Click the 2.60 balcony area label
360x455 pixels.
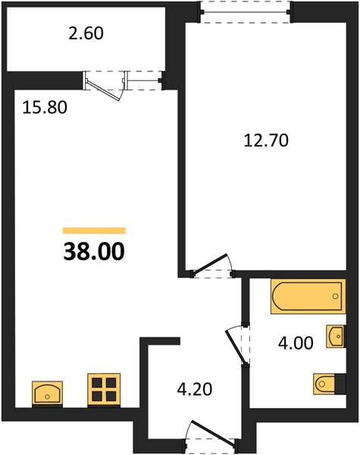pos(86,33)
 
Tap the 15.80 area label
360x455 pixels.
pos(45,108)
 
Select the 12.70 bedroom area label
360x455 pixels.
pos(266,141)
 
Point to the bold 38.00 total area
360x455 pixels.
pos(94,251)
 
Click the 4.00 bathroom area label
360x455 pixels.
pos(296,343)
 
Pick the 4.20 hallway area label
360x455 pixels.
pos(195,389)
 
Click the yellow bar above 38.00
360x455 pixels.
pos(94,231)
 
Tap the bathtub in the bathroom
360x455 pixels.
pos(308,297)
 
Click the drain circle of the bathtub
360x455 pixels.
pos(336,297)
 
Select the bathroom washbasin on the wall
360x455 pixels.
pos(335,336)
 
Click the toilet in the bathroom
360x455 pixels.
pos(324,384)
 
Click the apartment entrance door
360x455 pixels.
pos(214,432)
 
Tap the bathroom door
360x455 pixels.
pos(236,345)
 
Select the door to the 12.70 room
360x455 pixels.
pos(209,263)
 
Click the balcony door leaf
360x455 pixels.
pos(103,91)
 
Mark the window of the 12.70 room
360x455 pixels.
pos(246,12)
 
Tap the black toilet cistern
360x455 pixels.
pos(340,384)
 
